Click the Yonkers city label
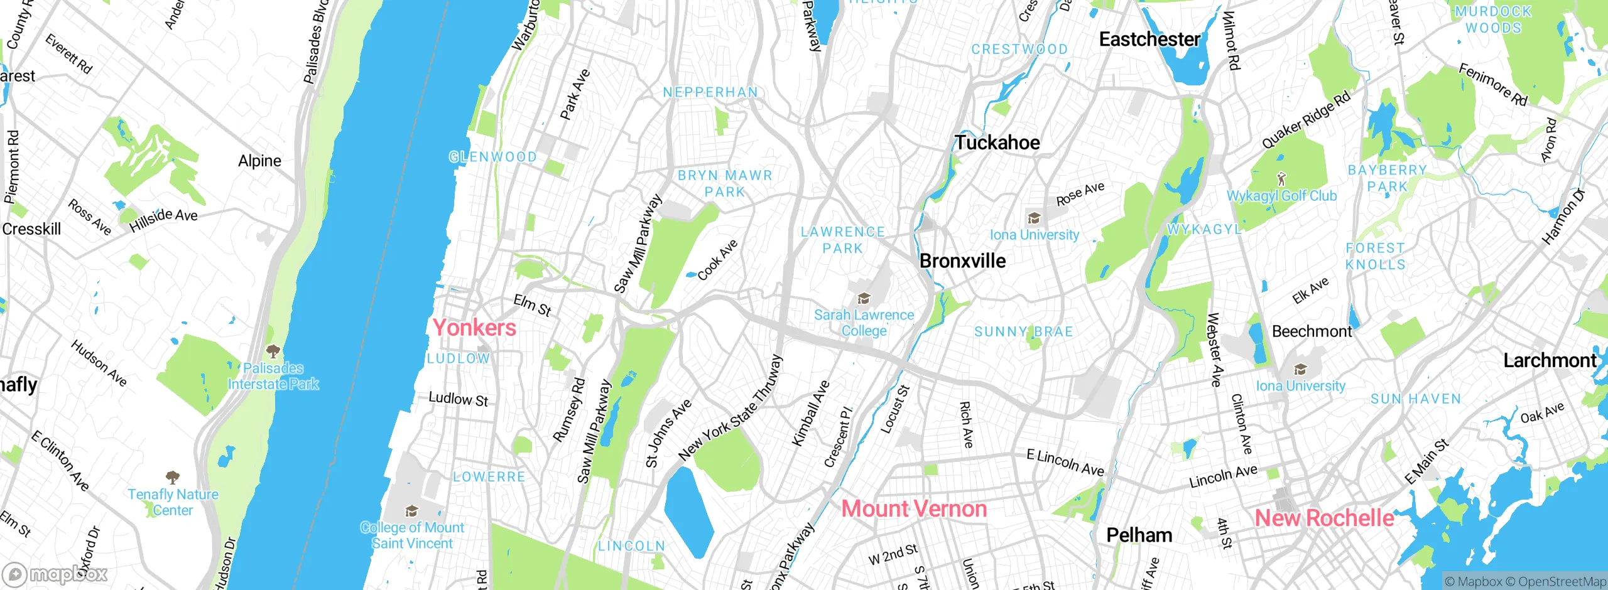tap(474, 328)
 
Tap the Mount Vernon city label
tap(914, 508)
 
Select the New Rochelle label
tap(1324, 518)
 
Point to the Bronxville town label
tap(962, 261)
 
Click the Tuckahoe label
tap(997, 142)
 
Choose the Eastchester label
tap(1149, 40)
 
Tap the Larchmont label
tap(1549, 360)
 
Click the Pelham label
tap(1139, 535)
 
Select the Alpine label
tap(259, 161)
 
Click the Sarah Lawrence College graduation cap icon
tap(864, 298)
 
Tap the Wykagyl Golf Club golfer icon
tap(1281, 179)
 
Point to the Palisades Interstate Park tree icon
tap(273, 351)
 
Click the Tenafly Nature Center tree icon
tap(173, 478)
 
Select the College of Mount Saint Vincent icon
tap(411, 511)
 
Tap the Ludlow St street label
tap(458, 399)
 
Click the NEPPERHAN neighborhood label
tap(710, 93)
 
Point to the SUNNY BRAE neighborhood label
tap(1023, 332)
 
